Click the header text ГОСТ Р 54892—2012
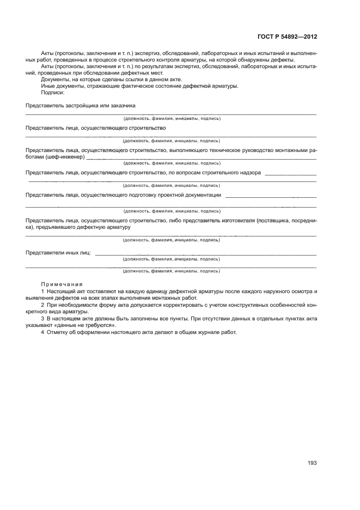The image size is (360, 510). click(286, 37)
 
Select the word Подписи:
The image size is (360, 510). click(53, 92)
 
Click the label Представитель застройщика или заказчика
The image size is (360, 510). click(80, 105)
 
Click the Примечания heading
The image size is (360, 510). click(62, 284)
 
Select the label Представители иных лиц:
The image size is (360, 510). click(59, 253)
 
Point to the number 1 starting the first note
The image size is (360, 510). click(42, 292)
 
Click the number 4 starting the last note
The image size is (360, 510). click(42, 332)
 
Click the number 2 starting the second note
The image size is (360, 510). click(42, 305)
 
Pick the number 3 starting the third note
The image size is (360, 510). click(42, 318)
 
